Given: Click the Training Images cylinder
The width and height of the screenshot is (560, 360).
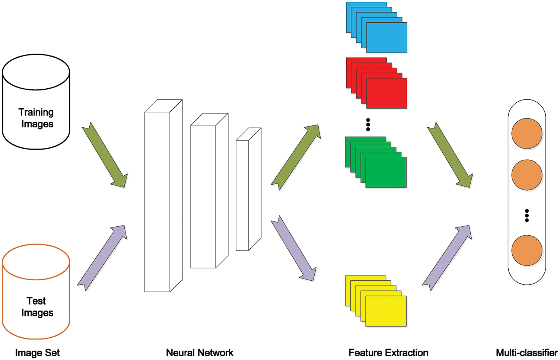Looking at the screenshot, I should tap(36, 102).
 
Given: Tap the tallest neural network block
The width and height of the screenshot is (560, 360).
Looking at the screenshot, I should tap(158, 201).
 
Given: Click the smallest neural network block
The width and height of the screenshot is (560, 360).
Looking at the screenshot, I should tap(243, 195).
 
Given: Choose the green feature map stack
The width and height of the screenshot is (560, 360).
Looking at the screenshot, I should tap(376, 162).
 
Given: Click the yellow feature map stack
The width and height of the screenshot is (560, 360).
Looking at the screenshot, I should tap(376, 301).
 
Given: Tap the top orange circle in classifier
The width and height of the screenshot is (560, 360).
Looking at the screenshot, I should tap(526, 134).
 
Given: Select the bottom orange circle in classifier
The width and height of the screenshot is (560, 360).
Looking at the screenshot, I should tap(526, 250).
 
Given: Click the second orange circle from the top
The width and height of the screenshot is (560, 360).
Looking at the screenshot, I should tap(526, 175).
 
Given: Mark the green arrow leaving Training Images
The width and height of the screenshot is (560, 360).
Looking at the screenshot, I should tap(105, 155).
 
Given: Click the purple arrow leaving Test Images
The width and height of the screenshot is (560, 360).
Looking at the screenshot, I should tap(102, 258).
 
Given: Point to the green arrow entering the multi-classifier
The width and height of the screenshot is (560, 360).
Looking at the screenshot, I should tap(450, 155).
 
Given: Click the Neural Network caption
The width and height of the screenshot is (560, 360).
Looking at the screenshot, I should tap(200, 353).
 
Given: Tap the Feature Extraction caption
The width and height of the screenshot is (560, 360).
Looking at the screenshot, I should tap(388, 353).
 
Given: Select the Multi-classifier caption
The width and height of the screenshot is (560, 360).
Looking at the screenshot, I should tap(526, 353).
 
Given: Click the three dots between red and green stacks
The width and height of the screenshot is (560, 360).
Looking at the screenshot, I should tap(368, 125).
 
